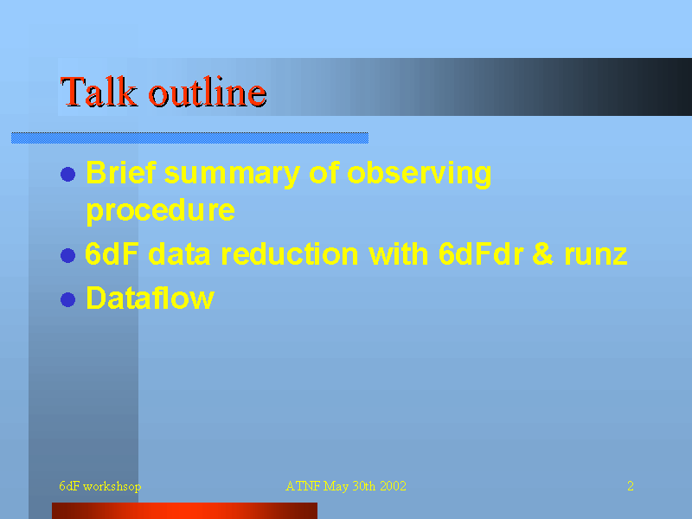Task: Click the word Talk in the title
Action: click(x=99, y=92)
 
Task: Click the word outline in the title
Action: click(x=208, y=92)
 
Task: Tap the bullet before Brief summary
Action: click(x=68, y=174)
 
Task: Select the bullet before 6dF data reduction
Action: click(x=68, y=255)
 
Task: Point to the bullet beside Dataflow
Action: click(x=68, y=299)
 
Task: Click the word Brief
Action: click(x=121, y=172)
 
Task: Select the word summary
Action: click(x=232, y=175)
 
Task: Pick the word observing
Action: click(x=420, y=175)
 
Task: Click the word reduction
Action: click(x=290, y=253)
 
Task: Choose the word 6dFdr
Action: click(x=481, y=253)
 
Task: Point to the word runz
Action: click(x=596, y=256)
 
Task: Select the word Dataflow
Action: click(x=150, y=298)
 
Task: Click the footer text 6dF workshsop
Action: click(x=100, y=486)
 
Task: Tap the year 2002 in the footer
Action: click(x=393, y=486)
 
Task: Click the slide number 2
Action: click(x=631, y=486)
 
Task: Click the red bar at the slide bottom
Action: click(x=184, y=510)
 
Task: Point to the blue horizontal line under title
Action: click(x=189, y=138)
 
